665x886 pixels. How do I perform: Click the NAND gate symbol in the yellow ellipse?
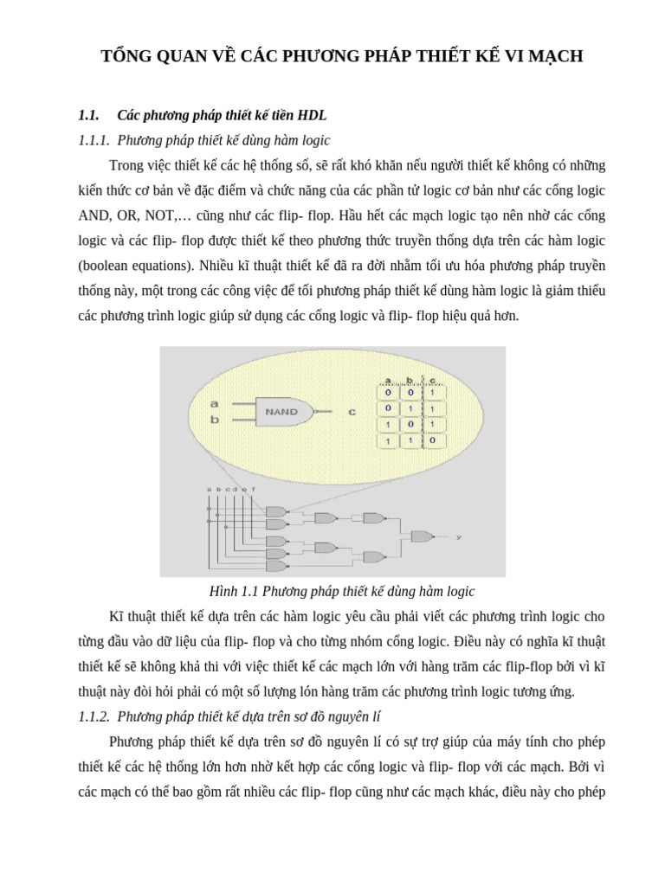coord(282,412)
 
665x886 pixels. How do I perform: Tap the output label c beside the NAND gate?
coord(352,412)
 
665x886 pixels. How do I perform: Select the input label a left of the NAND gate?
coord(215,403)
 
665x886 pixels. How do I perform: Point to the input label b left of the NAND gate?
coord(215,421)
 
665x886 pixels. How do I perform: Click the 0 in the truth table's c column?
coord(432,440)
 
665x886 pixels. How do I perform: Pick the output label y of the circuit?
coord(459,537)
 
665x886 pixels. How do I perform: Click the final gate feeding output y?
coord(422,536)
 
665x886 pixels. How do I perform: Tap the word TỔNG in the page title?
coord(126,57)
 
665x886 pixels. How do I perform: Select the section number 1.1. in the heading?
coord(89,115)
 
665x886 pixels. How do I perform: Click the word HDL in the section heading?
coord(312,115)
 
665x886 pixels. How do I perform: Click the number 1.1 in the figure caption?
coord(250,592)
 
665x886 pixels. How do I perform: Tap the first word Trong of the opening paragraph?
coord(126,164)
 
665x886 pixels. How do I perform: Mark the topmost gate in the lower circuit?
coord(275,512)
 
